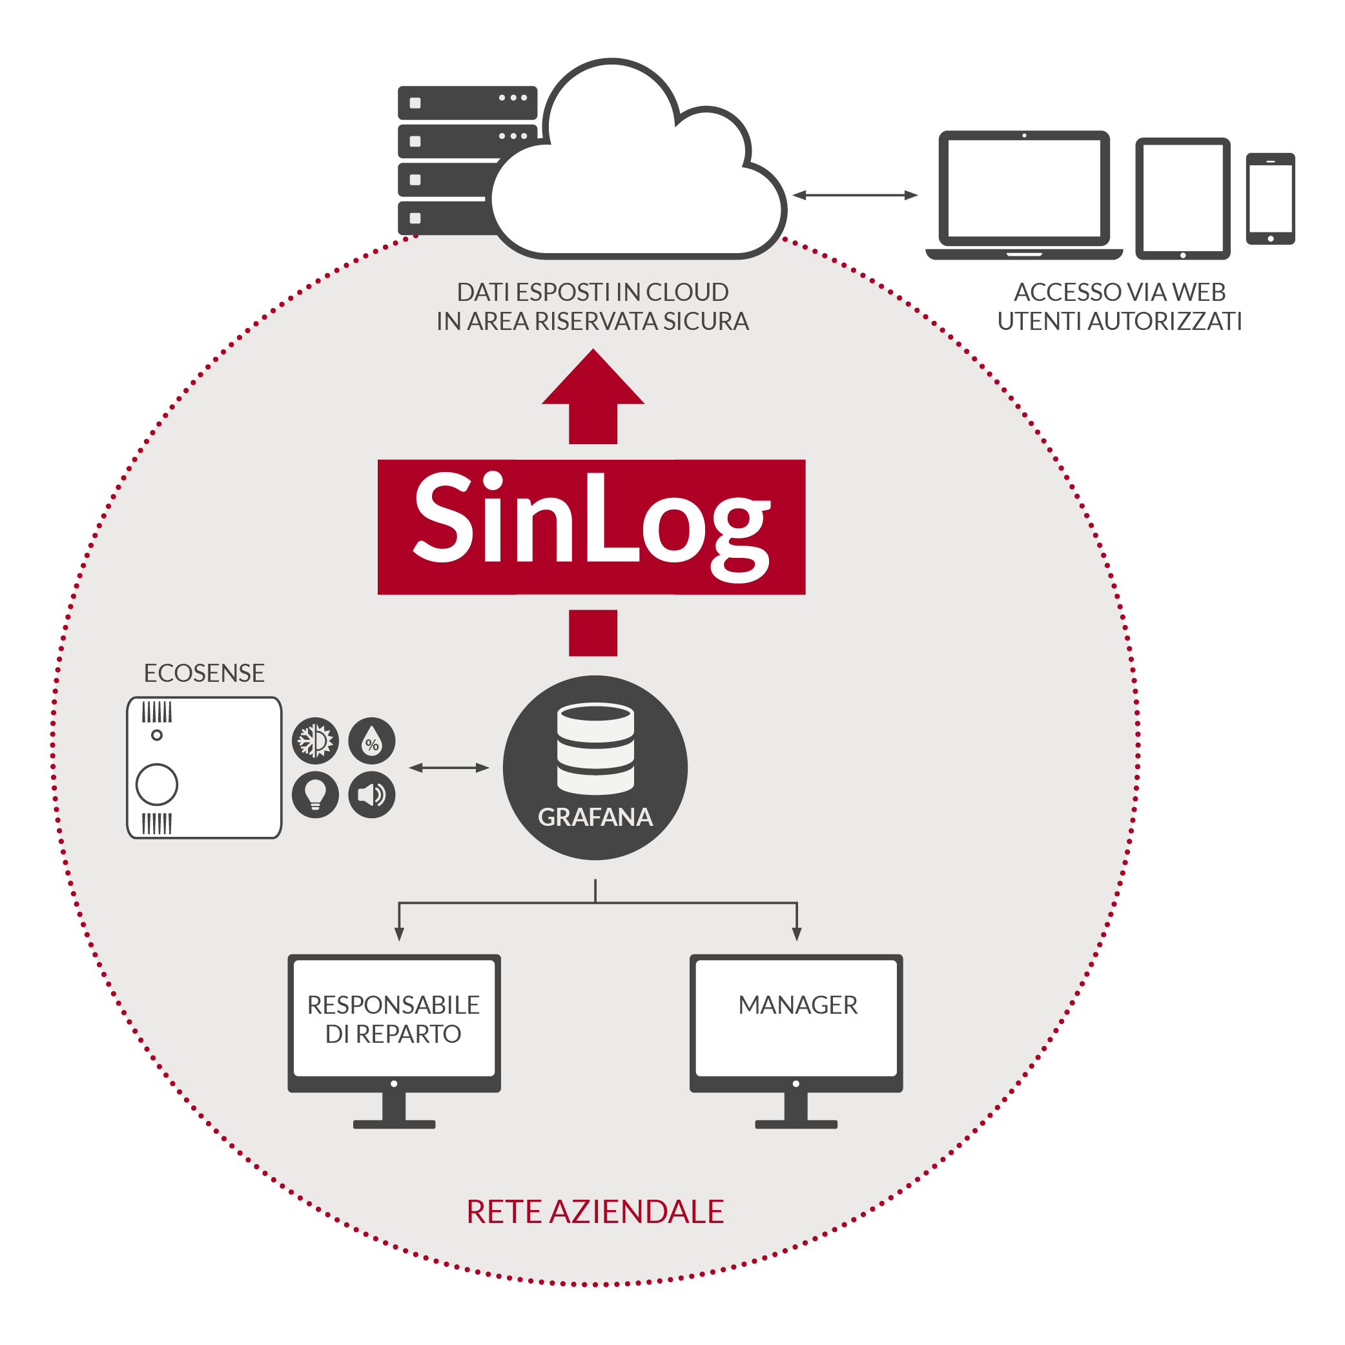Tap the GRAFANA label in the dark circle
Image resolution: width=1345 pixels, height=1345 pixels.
click(x=595, y=817)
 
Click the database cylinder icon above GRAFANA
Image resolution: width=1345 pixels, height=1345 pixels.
click(x=595, y=748)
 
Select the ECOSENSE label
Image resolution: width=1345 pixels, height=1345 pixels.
click(x=204, y=673)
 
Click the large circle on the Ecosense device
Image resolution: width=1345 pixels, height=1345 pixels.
click(x=157, y=785)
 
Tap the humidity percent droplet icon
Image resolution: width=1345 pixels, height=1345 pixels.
click(x=372, y=741)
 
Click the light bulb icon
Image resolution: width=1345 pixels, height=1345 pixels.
click(x=315, y=794)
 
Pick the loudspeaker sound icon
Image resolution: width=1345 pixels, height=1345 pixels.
click(x=372, y=794)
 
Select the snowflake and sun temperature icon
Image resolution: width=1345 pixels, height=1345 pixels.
click(x=315, y=741)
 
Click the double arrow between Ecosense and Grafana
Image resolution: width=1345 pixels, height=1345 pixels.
click(x=449, y=768)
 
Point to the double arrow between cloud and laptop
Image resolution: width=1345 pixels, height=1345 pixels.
click(x=855, y=196)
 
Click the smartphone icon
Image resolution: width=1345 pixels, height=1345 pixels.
click(x=1270, y=199)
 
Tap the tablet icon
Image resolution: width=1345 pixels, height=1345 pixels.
click(x=1183, y=198)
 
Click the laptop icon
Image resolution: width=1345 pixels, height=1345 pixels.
click(x=1024, y=195)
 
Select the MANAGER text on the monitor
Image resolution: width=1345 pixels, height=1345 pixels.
click(x=798, y=1005)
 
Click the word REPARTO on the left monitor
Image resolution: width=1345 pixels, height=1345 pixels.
click(x=408, y=1034)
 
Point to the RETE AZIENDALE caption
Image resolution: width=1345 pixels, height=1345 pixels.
click(x=595, y=1212)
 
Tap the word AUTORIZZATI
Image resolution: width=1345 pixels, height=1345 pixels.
click(x=1165, y=322)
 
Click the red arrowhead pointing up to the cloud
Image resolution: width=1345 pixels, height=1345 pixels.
click(x=593, y=380)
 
